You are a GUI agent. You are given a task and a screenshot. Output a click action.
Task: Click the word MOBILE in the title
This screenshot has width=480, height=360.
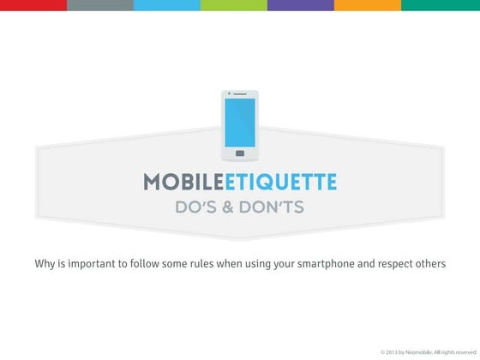pyautogui.click(x=177, y=182)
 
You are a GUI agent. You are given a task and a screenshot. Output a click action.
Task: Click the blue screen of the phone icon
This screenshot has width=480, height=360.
pyautogui.click(x=239, y=122)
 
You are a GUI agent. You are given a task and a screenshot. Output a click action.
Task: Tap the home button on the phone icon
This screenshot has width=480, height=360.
pyautogui.click(x=239, y=153)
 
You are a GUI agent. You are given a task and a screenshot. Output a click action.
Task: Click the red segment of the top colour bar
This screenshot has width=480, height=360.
pyautogui.click(x=33, y=5)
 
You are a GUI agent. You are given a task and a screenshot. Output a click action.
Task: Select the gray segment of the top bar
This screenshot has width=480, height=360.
pyautogui.click(x=99, y=5)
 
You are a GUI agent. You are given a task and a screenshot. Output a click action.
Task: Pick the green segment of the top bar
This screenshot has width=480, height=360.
pyautogui.click(x=233, y=5)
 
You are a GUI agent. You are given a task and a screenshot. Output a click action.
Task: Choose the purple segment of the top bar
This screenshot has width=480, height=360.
pyautogui.click(x=300, y=5)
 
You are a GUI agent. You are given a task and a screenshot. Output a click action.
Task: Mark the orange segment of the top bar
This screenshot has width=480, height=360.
pyautogui.click(x=367, y=5)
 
